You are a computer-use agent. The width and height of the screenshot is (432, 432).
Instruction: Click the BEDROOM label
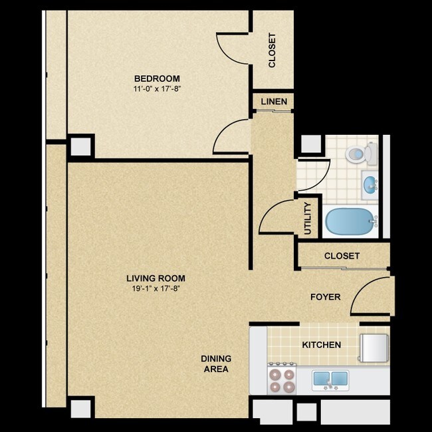pos(157,78)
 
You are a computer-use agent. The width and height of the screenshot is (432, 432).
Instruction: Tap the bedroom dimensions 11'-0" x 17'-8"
pos(157,89)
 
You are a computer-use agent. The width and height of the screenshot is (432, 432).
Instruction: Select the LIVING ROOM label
pos(156,278)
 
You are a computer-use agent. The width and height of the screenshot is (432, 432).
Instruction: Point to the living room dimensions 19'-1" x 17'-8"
pos(156,288)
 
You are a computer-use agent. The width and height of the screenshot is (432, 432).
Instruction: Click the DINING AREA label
pos(216,364)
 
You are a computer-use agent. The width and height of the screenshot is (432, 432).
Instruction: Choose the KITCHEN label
pos(322,345)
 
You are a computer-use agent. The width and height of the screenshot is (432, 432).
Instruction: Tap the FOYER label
pos(326,297)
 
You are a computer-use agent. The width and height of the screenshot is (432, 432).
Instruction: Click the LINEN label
pos(274,102)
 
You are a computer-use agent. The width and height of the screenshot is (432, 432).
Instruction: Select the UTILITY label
pos(308,219)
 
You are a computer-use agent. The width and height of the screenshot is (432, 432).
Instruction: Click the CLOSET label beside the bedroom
pos(272,51)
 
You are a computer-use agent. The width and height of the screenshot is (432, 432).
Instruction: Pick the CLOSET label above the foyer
pos(342,256)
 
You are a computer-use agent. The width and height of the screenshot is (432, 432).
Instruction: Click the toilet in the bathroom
pos(361,153)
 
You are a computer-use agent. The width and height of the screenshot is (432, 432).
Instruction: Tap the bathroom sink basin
pos(370,183)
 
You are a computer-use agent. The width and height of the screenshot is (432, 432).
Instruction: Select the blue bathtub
pos(350,221)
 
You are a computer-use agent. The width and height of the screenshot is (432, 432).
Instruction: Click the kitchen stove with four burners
pos(282,378)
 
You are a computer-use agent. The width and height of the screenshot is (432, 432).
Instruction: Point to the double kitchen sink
pos(330,380)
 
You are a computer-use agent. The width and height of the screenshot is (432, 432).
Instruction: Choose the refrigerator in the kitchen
pos(374,348)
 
